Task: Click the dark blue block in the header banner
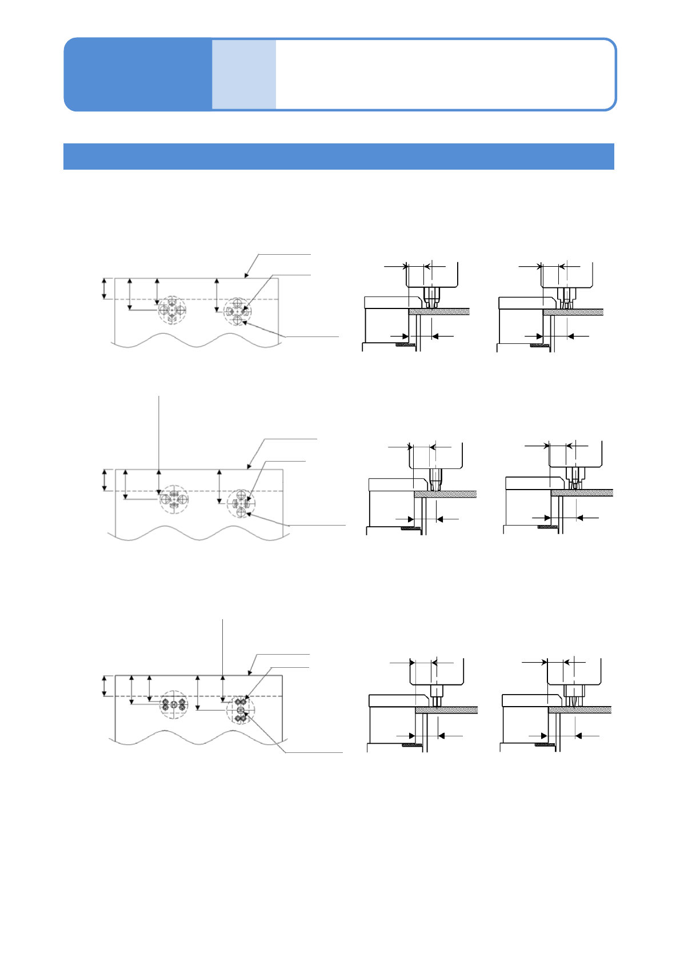coord(138,74)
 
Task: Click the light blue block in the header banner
coord(244,74)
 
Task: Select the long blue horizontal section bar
coord(338,157)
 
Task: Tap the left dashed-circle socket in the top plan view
coord(172,310)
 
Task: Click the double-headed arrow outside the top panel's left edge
coord(104,288)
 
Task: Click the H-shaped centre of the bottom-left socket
coord(174,704)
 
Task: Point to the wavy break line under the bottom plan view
coord(194,738)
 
